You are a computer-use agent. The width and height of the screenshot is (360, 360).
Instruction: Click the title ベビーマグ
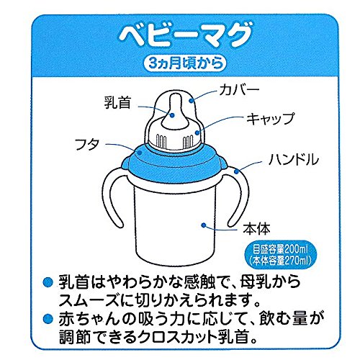(x=186, y=35)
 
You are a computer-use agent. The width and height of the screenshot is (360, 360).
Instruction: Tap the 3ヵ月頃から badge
(x=184, y=63)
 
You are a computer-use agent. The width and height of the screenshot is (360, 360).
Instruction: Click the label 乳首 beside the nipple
(x=117, y=102)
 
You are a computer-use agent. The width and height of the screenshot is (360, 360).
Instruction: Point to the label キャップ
(x=271, y=118)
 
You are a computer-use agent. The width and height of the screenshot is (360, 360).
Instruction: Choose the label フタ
(x=87, y=144)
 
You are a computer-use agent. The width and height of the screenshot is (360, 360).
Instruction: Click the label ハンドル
(x=294, y=159)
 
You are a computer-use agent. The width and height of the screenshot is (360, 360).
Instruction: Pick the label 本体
(x=256, y=228)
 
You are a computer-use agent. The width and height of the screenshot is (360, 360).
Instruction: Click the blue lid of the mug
(x=174, y=163)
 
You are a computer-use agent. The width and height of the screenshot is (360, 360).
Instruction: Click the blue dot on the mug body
(x=204, y=225)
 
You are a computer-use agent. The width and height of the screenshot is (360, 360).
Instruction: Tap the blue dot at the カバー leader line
(x=192, y=101)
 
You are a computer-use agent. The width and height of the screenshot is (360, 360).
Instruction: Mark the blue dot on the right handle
(x=236, y=171)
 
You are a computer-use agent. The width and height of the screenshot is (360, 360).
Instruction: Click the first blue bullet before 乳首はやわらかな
(x=48, y=282)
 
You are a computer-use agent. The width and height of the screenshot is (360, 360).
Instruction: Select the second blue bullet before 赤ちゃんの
(x=48, y=318)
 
